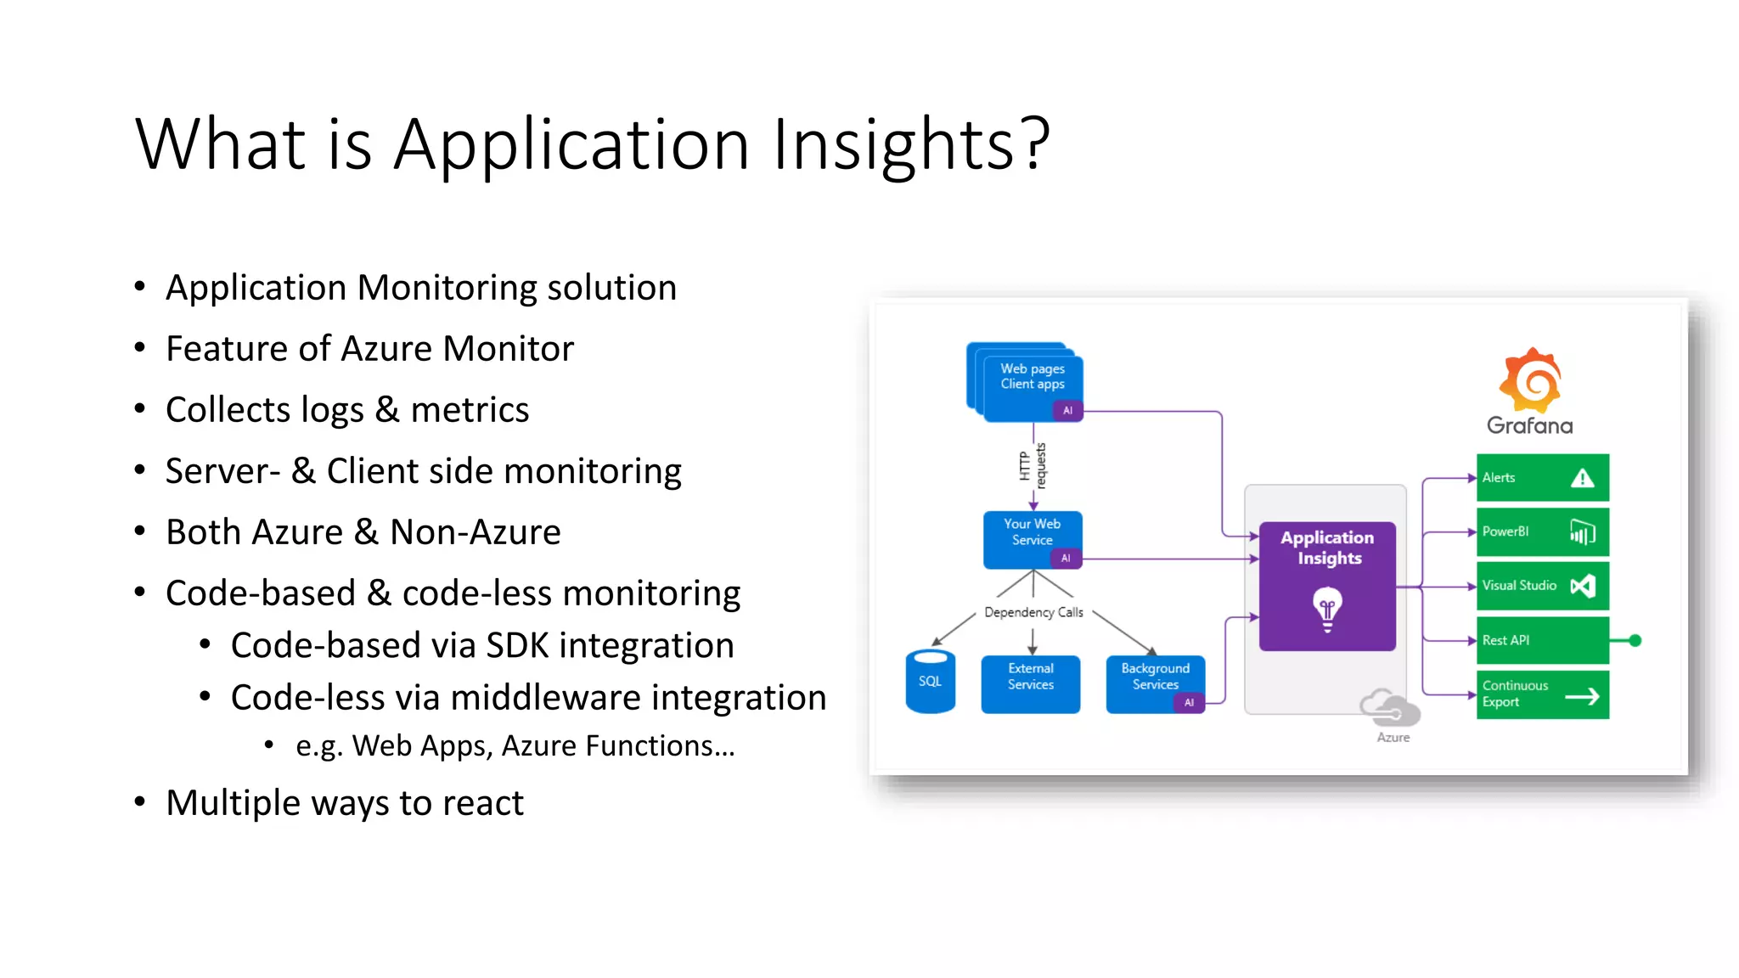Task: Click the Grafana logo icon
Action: coord(1529,379)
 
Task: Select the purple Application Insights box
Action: coord(1327,586)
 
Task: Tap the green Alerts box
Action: coord(1542,478)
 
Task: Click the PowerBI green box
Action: coord(1542,532)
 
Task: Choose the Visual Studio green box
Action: coord(1542,586)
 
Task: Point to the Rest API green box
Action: coord(1542,640)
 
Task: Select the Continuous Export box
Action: coord(1542,694)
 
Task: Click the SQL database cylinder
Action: coord(930,682)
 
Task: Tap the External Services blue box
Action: coord(1030,683)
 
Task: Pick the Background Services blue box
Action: coord(1155,683)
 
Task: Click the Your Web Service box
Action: coord(1032,539)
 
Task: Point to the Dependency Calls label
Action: coord(1033,612)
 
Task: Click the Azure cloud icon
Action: coord(1390,708)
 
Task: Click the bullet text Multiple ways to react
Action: coord(344,803)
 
